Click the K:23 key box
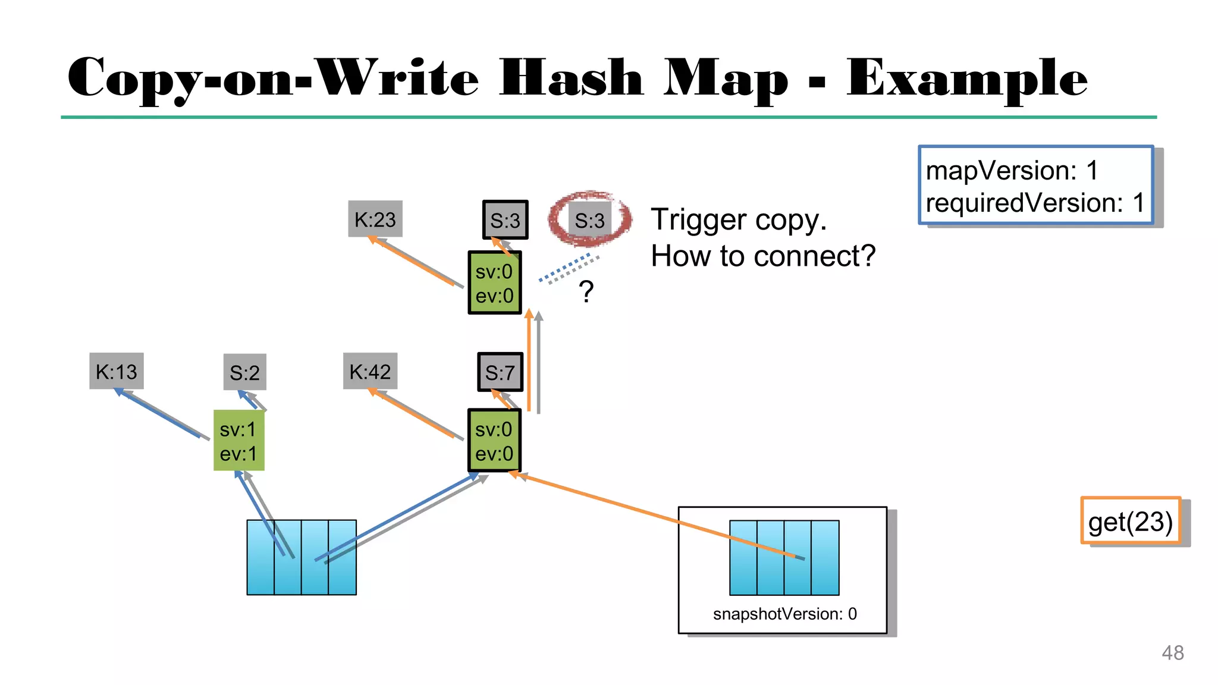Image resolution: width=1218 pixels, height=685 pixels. coord(375,219)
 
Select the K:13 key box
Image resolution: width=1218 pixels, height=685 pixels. coord(117,372)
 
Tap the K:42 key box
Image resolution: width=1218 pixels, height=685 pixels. coord(370,372)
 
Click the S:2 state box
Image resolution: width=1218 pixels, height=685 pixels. coord(244,373)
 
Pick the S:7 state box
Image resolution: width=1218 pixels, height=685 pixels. coord(500,373)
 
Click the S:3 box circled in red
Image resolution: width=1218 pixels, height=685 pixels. coord(589,221)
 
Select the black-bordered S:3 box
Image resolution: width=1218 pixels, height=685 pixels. coord(505,221)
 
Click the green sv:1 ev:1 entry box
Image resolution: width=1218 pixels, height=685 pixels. coord(238,441)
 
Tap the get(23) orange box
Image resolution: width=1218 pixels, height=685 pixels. coord(1130,521)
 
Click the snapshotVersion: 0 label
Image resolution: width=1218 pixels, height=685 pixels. coord(784,614)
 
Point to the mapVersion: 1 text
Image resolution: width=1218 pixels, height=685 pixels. coord(1012,171)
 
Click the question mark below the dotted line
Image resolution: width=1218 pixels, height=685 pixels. coord(586,292)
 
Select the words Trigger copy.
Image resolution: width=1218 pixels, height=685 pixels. coord(738,219)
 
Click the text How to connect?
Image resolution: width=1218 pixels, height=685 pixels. coord(763,256)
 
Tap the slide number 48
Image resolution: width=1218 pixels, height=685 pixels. coord(1172,653)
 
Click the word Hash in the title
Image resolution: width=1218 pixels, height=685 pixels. coord(571,78)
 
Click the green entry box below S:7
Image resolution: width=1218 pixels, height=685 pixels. coord(494,441)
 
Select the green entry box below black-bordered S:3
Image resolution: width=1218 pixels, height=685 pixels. coord(494,283)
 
